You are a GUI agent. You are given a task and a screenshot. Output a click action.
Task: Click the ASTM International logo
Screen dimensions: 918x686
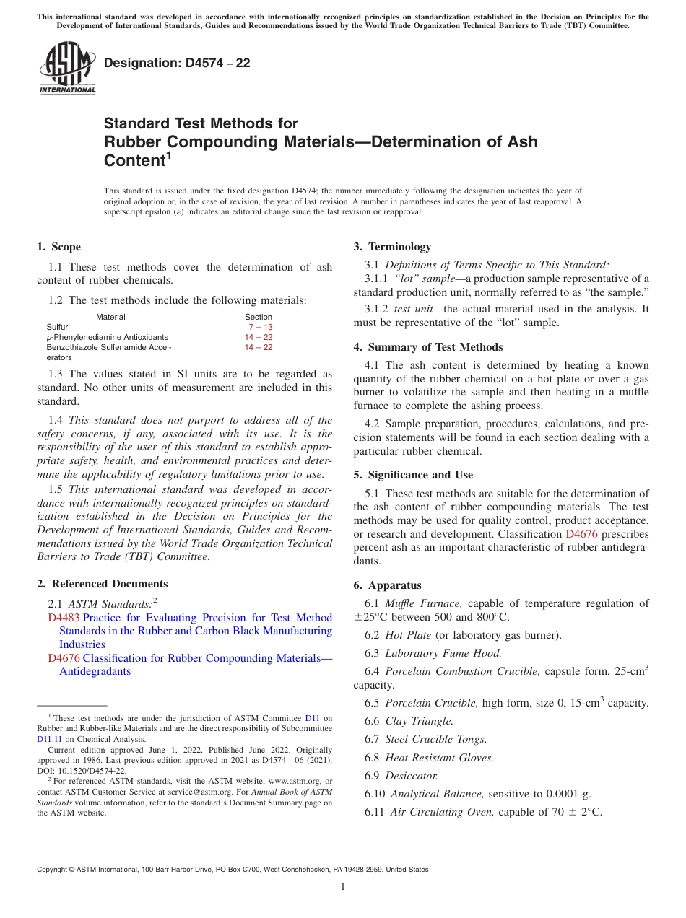(x=66, y=68)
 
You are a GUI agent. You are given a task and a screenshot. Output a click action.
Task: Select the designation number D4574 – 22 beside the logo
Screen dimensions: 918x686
(x=177, y=63)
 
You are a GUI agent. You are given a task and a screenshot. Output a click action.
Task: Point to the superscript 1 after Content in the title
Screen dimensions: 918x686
(x=169, y=155)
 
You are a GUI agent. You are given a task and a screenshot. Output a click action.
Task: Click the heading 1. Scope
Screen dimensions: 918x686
(x=59, y=247)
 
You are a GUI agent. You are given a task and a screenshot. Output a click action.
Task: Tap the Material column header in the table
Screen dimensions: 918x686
(x=110, y=317)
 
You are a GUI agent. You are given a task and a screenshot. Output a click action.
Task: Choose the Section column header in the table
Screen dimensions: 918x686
(x=259, y=317)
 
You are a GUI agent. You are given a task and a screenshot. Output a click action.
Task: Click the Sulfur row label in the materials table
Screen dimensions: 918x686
(x=57, y=327)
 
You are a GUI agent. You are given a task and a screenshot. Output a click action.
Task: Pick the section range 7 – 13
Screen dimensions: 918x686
(x=260, y=327)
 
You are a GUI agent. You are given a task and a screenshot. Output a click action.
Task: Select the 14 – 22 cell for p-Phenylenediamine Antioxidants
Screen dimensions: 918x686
(x=259, y=337)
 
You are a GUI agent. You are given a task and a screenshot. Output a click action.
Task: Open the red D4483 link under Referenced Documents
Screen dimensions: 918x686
(x=64, y=618)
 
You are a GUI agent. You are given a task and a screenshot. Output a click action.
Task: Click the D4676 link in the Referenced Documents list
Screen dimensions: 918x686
(x=64, y=658)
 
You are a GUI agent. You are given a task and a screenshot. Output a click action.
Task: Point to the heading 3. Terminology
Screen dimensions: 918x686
(x=392, y=247)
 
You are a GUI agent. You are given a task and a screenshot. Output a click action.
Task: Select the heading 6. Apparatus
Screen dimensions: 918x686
(x=388, y=585)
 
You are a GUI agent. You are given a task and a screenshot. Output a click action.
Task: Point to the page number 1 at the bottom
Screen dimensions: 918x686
(x=343, y=887)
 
